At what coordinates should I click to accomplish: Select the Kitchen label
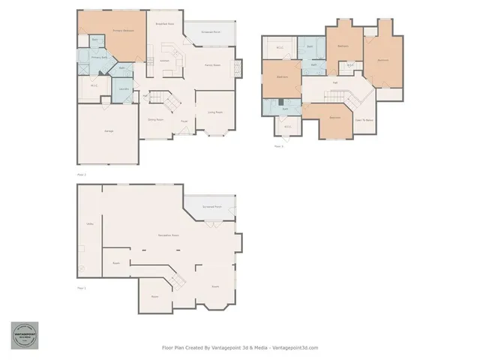(164, 60)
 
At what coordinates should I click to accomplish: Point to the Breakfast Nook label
(165, 24)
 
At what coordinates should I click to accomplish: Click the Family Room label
(212, 65)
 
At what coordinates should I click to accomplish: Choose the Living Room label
(214, 113)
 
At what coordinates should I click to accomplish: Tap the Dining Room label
(155, 119)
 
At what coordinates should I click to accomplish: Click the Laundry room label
(124, 89)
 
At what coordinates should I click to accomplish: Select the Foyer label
(184, 120)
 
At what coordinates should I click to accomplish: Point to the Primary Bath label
(100, 57)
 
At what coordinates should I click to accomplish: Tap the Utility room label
(89, 223)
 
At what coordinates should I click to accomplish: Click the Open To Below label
(364, 120)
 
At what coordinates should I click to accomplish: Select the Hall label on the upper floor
(334, 82)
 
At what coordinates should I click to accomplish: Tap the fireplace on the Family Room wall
(239, 69)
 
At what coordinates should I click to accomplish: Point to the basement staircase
(178, 280)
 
